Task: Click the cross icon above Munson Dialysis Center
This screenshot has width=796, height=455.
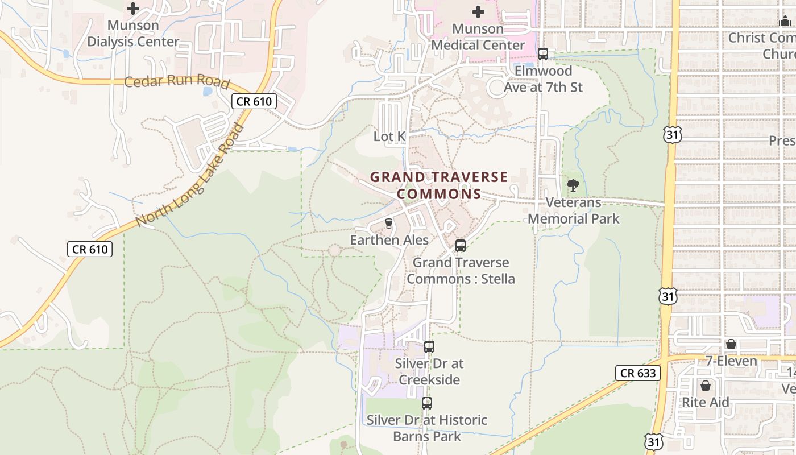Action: coord(132,9)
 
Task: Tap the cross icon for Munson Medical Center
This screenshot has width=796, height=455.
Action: coord(478,11)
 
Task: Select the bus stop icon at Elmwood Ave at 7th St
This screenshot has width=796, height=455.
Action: coord(543,54)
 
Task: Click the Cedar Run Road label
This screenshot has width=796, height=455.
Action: coord(177,82)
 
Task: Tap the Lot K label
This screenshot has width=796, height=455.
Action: coord(389,136)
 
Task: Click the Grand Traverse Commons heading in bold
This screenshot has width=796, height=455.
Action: coord(439,185)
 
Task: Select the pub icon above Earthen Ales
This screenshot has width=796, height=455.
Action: coord(389,224)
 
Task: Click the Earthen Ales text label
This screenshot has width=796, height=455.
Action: coord(389,240)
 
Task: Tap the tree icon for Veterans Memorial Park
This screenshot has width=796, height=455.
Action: coord(573,185)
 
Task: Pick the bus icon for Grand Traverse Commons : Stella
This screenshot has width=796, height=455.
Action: coord(461,246)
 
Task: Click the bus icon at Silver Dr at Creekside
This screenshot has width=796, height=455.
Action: coord(429,346)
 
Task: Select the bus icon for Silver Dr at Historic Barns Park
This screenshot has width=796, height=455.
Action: coord(427,403)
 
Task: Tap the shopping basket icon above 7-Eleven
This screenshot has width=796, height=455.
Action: coord(731,344)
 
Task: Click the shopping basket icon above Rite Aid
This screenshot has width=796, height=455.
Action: coord(706,386)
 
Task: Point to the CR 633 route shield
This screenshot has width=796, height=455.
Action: coord(638,373)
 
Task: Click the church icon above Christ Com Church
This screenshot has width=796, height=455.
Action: coord(785,22)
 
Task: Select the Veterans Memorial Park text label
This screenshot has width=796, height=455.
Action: coord(574,210)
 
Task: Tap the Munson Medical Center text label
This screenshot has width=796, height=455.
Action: coord(478,37)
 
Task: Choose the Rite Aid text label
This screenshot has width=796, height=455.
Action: coord(706,403)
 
